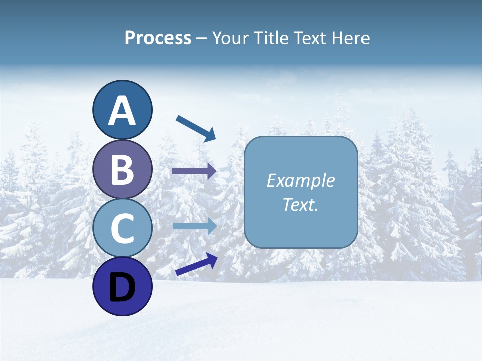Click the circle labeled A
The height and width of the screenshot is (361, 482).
[123, 110]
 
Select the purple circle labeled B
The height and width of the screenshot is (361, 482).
[123, 169]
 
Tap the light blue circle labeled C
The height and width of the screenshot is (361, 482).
[123, 228]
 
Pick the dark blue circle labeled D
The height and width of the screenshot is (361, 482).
[123, 286]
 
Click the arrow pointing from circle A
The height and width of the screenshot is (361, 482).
[195, 128]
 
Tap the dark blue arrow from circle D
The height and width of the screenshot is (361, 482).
[196, 264]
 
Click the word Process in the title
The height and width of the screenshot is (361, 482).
[158, 38]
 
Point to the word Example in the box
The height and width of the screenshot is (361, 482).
[300, 180]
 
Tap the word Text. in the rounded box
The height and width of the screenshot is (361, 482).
[300, 204]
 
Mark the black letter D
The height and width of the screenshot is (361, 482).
[123, 288]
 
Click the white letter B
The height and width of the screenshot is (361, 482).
[123, 169]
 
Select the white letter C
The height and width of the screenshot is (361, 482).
[123, 228]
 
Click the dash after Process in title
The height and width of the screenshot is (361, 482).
[202, 39]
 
